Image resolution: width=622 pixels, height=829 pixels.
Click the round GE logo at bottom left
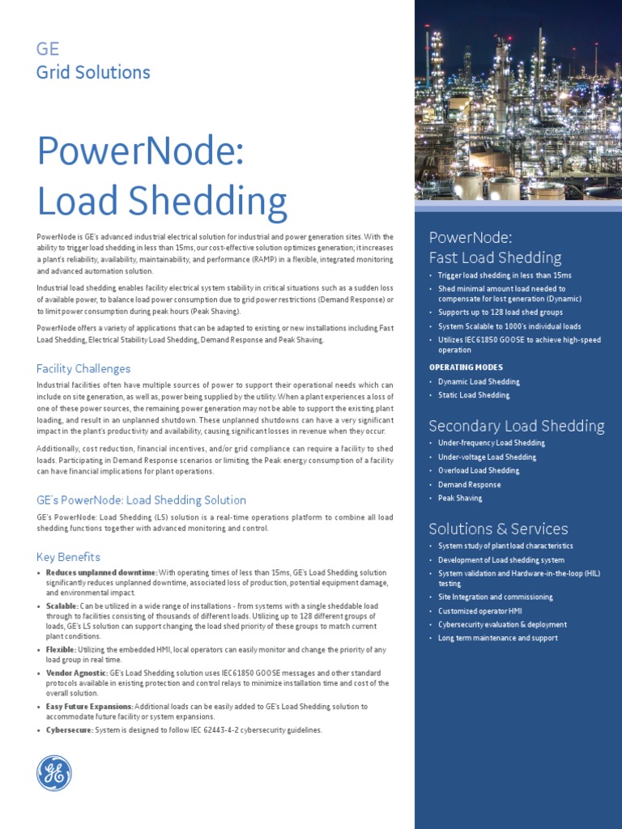click(54, 773)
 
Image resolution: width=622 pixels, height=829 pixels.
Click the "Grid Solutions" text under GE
click(93, 72)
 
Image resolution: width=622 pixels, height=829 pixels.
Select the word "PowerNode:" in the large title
click(140, 153)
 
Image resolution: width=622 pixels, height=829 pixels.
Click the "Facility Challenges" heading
click(83, 368)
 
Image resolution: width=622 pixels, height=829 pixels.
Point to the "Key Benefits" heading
click(69, 557)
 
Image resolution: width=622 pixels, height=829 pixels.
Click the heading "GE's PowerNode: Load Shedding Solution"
click(141, 500)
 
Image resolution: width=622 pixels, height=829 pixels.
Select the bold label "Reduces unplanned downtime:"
click(101, 572)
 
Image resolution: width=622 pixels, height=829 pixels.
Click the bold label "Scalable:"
click(62, 606)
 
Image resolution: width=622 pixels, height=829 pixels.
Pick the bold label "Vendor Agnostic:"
click(78, 673)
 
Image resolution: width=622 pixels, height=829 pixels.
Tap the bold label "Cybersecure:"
click(70, 729)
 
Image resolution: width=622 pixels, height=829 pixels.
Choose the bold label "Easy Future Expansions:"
click(89, 706)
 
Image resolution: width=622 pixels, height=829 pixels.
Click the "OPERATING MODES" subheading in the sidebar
click(466, 367)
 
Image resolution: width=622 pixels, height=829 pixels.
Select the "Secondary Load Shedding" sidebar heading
click(516, 426)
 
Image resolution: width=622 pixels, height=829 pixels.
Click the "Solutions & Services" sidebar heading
click(498, 529)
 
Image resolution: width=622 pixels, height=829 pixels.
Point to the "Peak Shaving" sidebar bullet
click(460, 499)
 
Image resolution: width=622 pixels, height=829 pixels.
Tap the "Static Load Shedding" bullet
click(474, 395)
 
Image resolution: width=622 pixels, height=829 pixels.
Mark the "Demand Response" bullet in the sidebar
click(470, 485)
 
